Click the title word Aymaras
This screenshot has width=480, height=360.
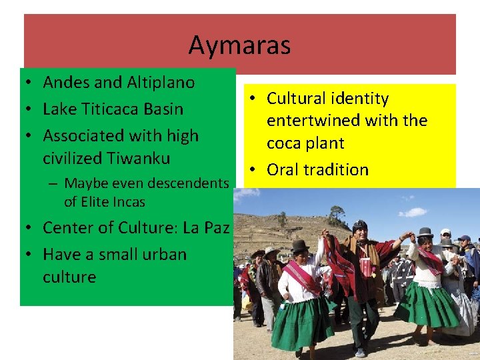point(239,45)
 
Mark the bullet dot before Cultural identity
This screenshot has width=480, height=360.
point(255,99)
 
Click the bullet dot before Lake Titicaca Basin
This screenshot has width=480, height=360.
point(31,109)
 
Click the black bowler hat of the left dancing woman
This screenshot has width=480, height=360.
point(300,246)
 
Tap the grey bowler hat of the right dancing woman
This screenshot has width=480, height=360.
point(424,232)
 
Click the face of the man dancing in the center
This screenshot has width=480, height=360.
point(361,235)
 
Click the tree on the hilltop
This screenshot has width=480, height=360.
point(337,215)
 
